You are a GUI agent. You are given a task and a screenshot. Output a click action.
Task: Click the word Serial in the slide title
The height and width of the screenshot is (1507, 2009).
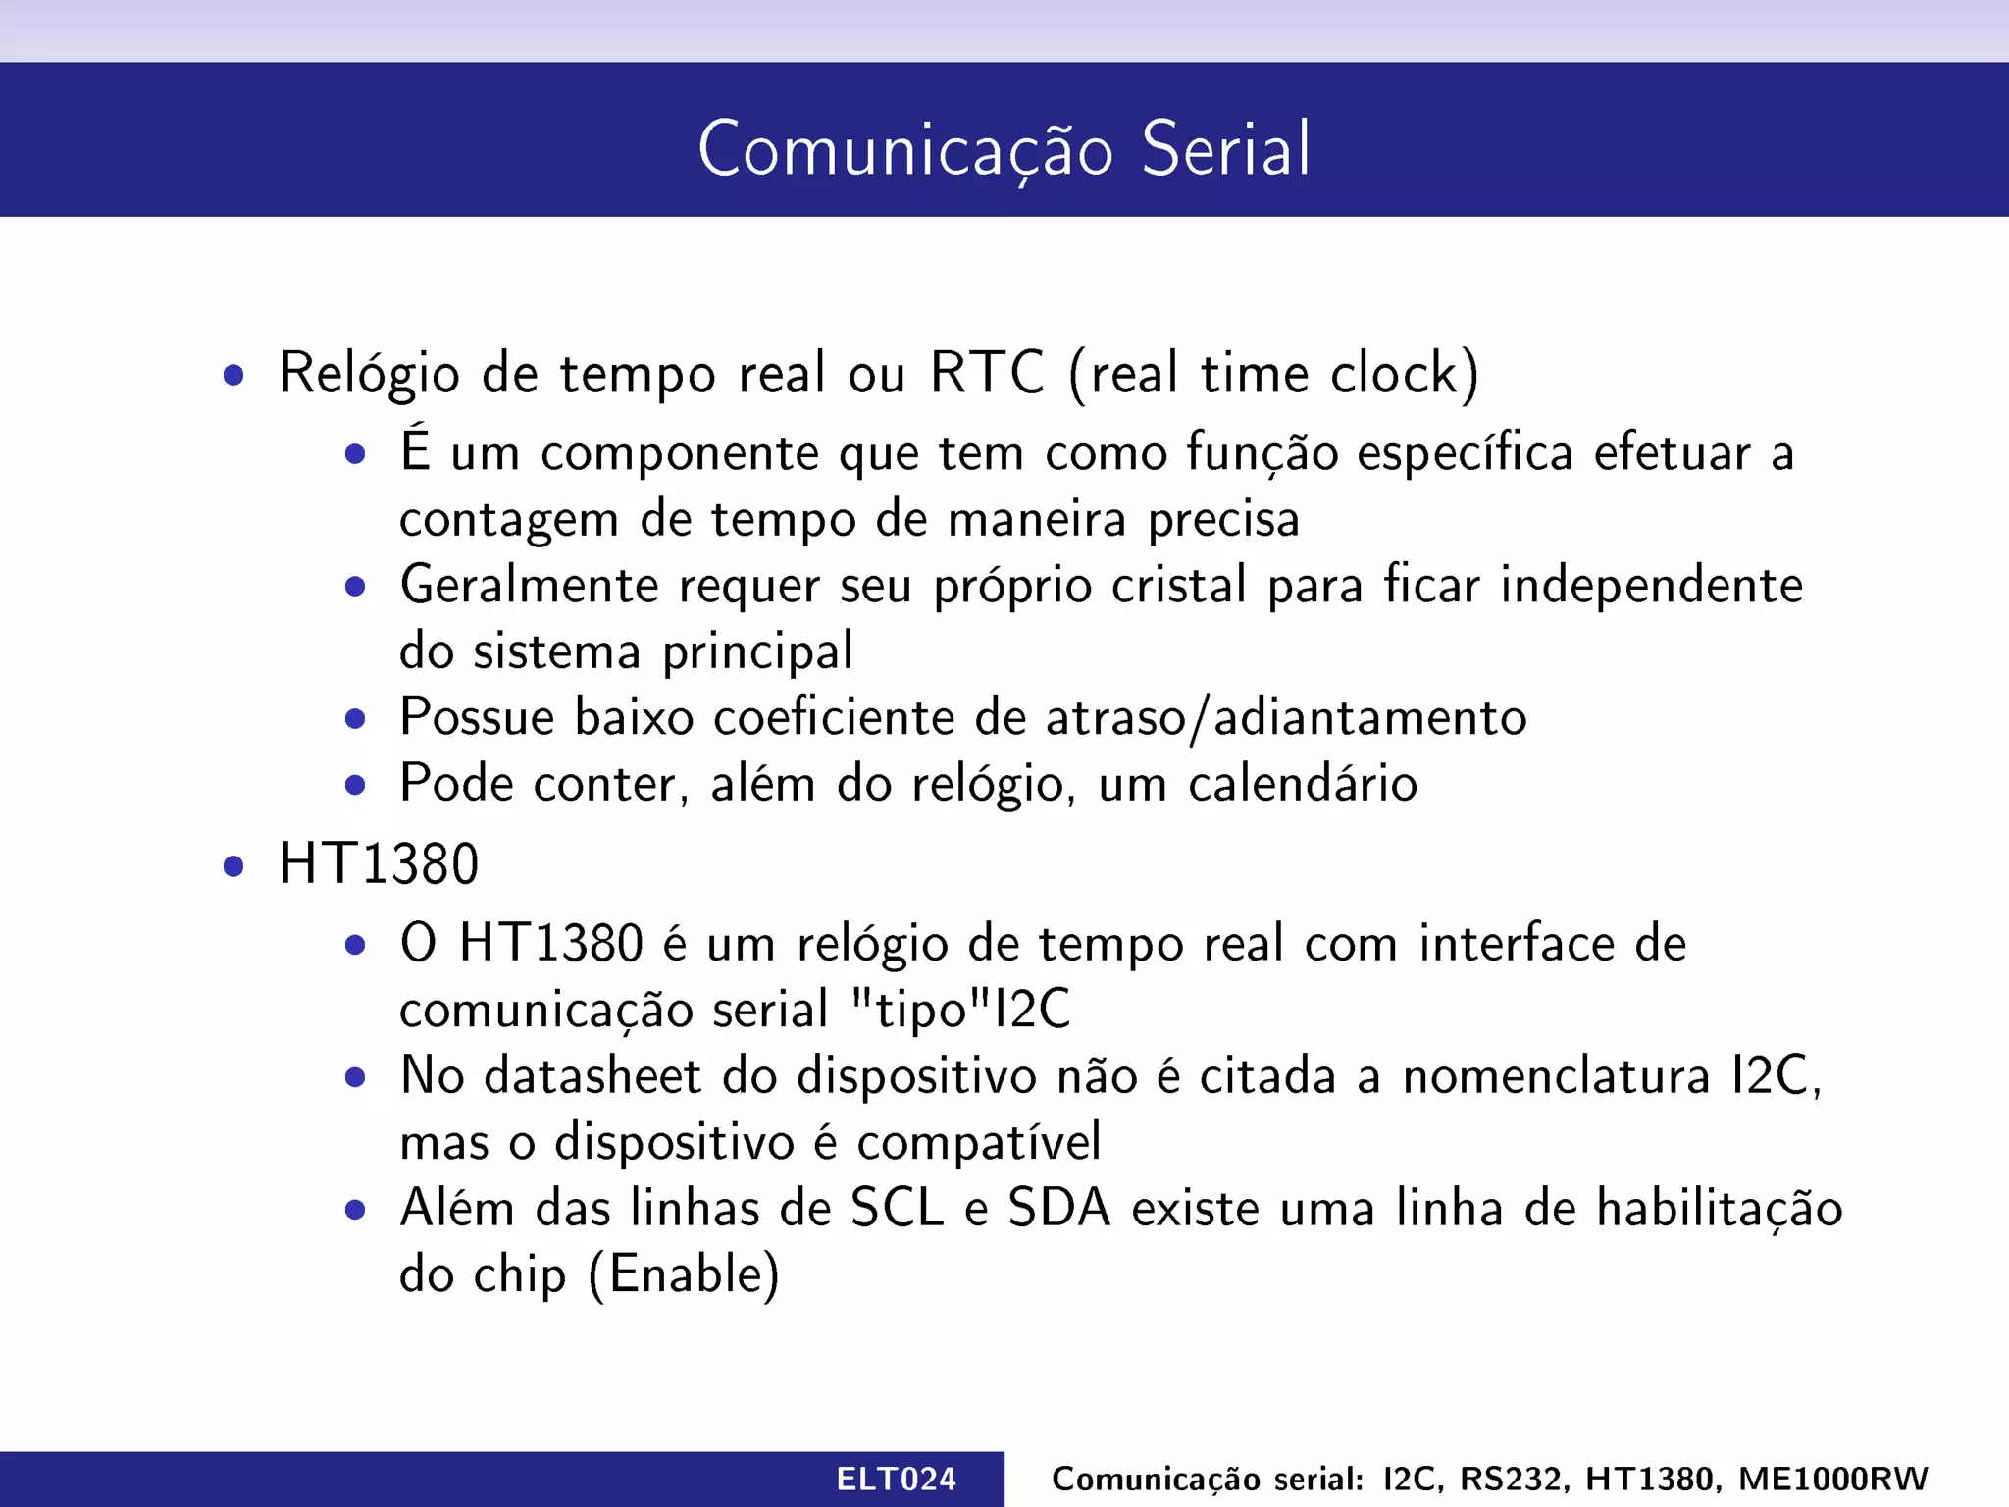tap(1225, 149)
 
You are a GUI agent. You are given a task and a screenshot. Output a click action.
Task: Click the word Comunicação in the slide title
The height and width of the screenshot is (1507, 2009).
tap(905, 149)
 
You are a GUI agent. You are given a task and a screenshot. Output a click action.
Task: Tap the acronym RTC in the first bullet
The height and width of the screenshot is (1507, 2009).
tap(987, 373)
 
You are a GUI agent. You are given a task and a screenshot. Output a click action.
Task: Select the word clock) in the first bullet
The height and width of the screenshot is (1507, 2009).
tap(1404, 373)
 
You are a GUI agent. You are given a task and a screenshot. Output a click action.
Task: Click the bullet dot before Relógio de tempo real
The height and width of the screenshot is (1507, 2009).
tap(232, 375)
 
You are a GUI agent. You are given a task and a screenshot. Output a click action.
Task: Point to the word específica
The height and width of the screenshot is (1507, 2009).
tap(1466, 453)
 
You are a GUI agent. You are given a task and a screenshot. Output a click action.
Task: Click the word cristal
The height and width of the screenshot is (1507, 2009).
tap(1178, 586)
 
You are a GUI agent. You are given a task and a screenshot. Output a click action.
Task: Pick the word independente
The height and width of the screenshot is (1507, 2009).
tap(1651, 586)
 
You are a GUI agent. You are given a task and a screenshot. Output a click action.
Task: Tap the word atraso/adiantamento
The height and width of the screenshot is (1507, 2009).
tap(1286, 717)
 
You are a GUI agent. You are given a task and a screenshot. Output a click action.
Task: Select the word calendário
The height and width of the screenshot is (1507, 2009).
tap(1303, 784)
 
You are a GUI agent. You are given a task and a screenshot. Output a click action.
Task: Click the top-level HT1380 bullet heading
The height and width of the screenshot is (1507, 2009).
tap(379, 864)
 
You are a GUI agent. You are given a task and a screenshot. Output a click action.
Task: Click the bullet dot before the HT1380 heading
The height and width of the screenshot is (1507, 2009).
tap(232, 866)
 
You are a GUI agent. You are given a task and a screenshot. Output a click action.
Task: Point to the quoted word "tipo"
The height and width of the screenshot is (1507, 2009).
tap(920, 1010)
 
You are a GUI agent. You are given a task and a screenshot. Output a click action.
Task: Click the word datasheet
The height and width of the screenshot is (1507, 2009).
tap(592, 1075)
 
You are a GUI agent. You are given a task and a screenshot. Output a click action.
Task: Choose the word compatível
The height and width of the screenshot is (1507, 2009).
tap(978, 1142)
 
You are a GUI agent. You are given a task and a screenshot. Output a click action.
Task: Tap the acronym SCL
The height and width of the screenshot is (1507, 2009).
tap(897, 1208)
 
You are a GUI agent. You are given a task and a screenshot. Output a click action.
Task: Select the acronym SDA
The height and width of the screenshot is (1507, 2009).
tap(1059, 1208)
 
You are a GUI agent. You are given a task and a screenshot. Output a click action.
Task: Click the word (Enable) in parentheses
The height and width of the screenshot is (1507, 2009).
tap(684, 1274)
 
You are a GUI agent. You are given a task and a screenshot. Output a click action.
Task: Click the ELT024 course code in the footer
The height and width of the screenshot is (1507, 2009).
tap(896, 1479)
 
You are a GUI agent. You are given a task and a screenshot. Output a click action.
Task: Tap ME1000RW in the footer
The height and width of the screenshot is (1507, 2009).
tap(1832, 1479)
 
